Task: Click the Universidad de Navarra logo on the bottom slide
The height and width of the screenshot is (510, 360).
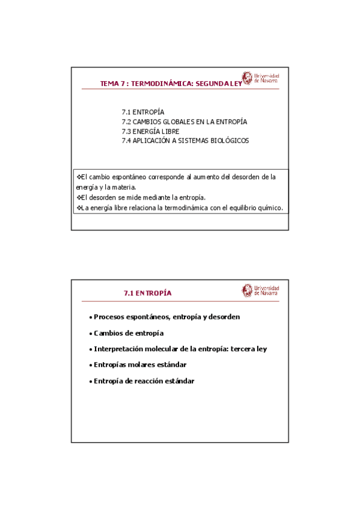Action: pos(261,290)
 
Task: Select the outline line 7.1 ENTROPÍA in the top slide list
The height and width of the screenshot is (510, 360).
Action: pos(143,112)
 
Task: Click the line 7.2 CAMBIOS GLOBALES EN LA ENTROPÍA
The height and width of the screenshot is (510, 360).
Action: pos(184,121)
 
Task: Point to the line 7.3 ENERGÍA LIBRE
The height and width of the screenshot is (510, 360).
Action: pos(150,131)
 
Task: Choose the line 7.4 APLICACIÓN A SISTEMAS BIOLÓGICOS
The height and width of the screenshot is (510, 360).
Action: pos(185,140)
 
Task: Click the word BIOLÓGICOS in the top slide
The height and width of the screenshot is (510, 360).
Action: pos(229,140)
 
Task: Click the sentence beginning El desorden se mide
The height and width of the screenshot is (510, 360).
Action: pos(141,197)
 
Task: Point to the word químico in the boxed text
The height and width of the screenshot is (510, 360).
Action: pos(270,208)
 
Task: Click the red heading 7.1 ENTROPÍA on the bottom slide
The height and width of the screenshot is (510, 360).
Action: pos(148,293)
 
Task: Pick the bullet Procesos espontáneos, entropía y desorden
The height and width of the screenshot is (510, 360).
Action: pos(167,317)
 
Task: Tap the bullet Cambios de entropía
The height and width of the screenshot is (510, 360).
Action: pos(129,333)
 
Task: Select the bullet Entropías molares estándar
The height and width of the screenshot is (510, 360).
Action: pos(140,365)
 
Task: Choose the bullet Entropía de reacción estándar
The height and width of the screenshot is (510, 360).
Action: pos(144,381)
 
